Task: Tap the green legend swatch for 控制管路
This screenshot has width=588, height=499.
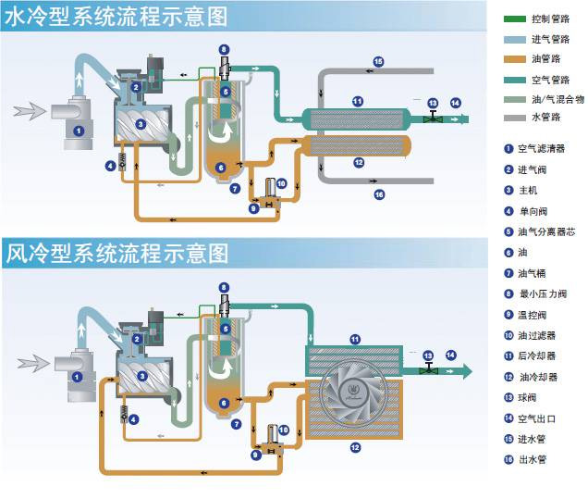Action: [517, 18]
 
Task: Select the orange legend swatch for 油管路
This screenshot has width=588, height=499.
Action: [517, 58]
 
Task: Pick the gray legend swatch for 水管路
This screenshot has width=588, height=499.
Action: [517, 119]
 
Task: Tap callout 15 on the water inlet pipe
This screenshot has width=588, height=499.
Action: [378, 61]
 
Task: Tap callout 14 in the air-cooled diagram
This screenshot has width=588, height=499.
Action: [451, 355]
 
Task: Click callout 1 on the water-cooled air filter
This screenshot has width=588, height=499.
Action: [80, 131]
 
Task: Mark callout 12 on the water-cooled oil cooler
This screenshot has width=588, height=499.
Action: [359, 162]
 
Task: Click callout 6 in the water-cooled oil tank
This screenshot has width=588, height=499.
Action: [221, 168]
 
